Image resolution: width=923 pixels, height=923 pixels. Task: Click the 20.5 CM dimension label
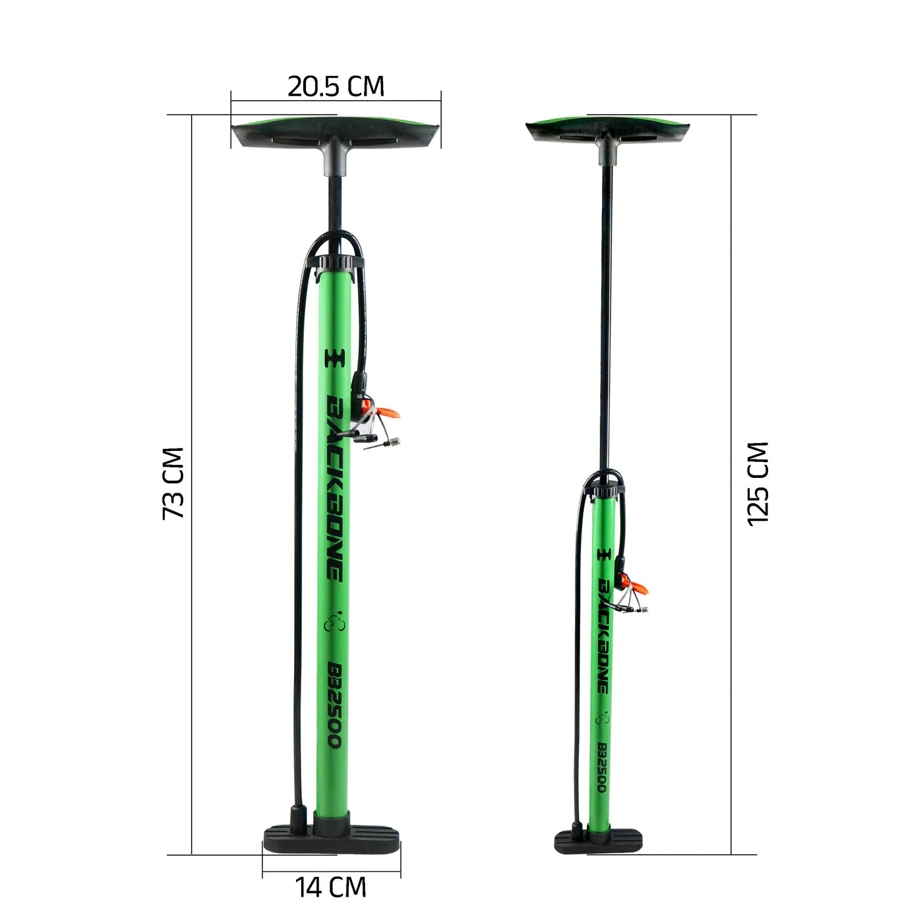[x=336, y=86]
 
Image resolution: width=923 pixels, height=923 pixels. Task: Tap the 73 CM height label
[x=173, y=483]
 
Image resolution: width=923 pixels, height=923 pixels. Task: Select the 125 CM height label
[x=758, y=485]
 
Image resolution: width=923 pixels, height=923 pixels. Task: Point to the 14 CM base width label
[x=330, y=887]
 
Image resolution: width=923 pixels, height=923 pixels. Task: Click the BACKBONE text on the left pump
[x=334, y=488]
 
